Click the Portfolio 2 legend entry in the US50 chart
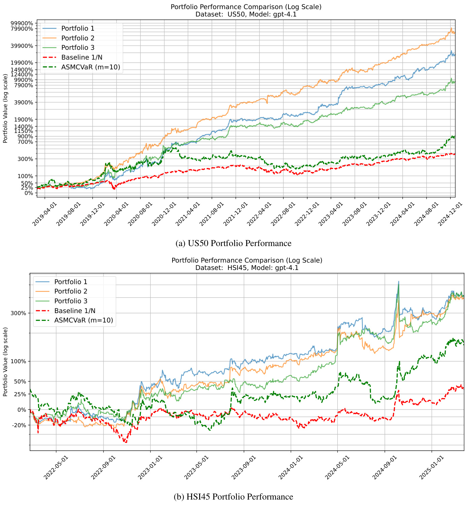[x=77, y=38]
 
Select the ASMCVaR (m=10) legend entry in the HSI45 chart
[x=83, y=320]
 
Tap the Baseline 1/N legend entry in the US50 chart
[x=82, y=58]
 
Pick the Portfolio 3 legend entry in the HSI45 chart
[x=70, y=301]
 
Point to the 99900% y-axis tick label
[x=22, y=23]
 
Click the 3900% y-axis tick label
[x=24, y=102]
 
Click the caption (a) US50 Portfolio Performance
[x=234, y=243]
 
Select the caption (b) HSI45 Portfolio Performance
[x=233, y=497]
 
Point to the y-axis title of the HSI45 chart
[x=5, y=362]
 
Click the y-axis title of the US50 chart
[x=5, y=108]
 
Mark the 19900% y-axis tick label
[x=22, y=63]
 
